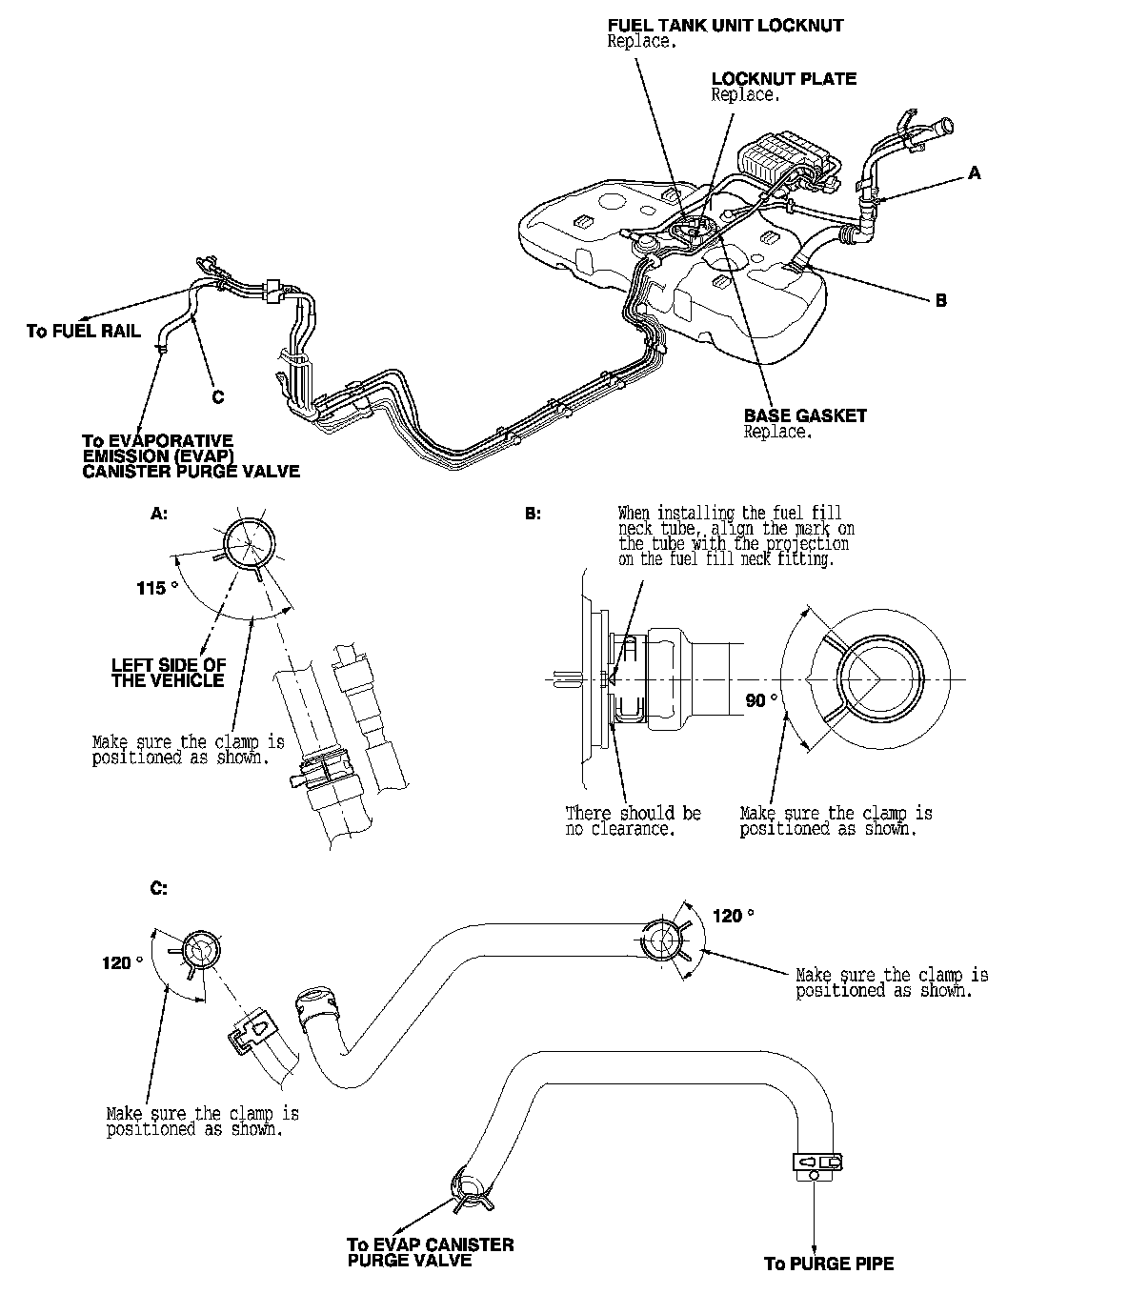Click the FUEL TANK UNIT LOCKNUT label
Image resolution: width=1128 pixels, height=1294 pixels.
(x=725, y=26)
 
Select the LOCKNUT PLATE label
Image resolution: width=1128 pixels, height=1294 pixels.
(x=783, y=79)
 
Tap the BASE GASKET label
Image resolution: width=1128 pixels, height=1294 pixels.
(x=805, y=415)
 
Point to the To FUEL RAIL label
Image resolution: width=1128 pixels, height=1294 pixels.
(x=84, y=332)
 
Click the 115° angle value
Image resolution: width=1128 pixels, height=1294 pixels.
(x=157, y=588)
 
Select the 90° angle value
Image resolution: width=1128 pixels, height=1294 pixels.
(x=761, y=700)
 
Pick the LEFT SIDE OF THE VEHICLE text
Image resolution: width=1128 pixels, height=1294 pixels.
(x=169, y=673)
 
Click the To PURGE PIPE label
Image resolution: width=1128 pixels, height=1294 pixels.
(x=829, y=1264)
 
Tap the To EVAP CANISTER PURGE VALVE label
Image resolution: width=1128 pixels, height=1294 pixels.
(x=430, y=1252)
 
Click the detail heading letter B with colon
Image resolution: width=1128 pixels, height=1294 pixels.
(x=534, y=513)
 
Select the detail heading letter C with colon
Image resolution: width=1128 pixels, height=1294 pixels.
(x=159, y=888)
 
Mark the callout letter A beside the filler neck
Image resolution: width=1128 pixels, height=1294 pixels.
(x=974, y=173)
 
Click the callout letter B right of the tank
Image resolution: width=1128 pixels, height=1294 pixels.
(x=941, y=301)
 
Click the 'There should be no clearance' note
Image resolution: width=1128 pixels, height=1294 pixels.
(x=633, y=820)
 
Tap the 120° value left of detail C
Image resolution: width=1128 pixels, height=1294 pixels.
(x=122, y=962)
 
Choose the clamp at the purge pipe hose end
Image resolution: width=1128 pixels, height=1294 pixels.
(x=816, y=1163)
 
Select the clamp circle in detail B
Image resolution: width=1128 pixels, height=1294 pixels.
(x=878, y=678)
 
